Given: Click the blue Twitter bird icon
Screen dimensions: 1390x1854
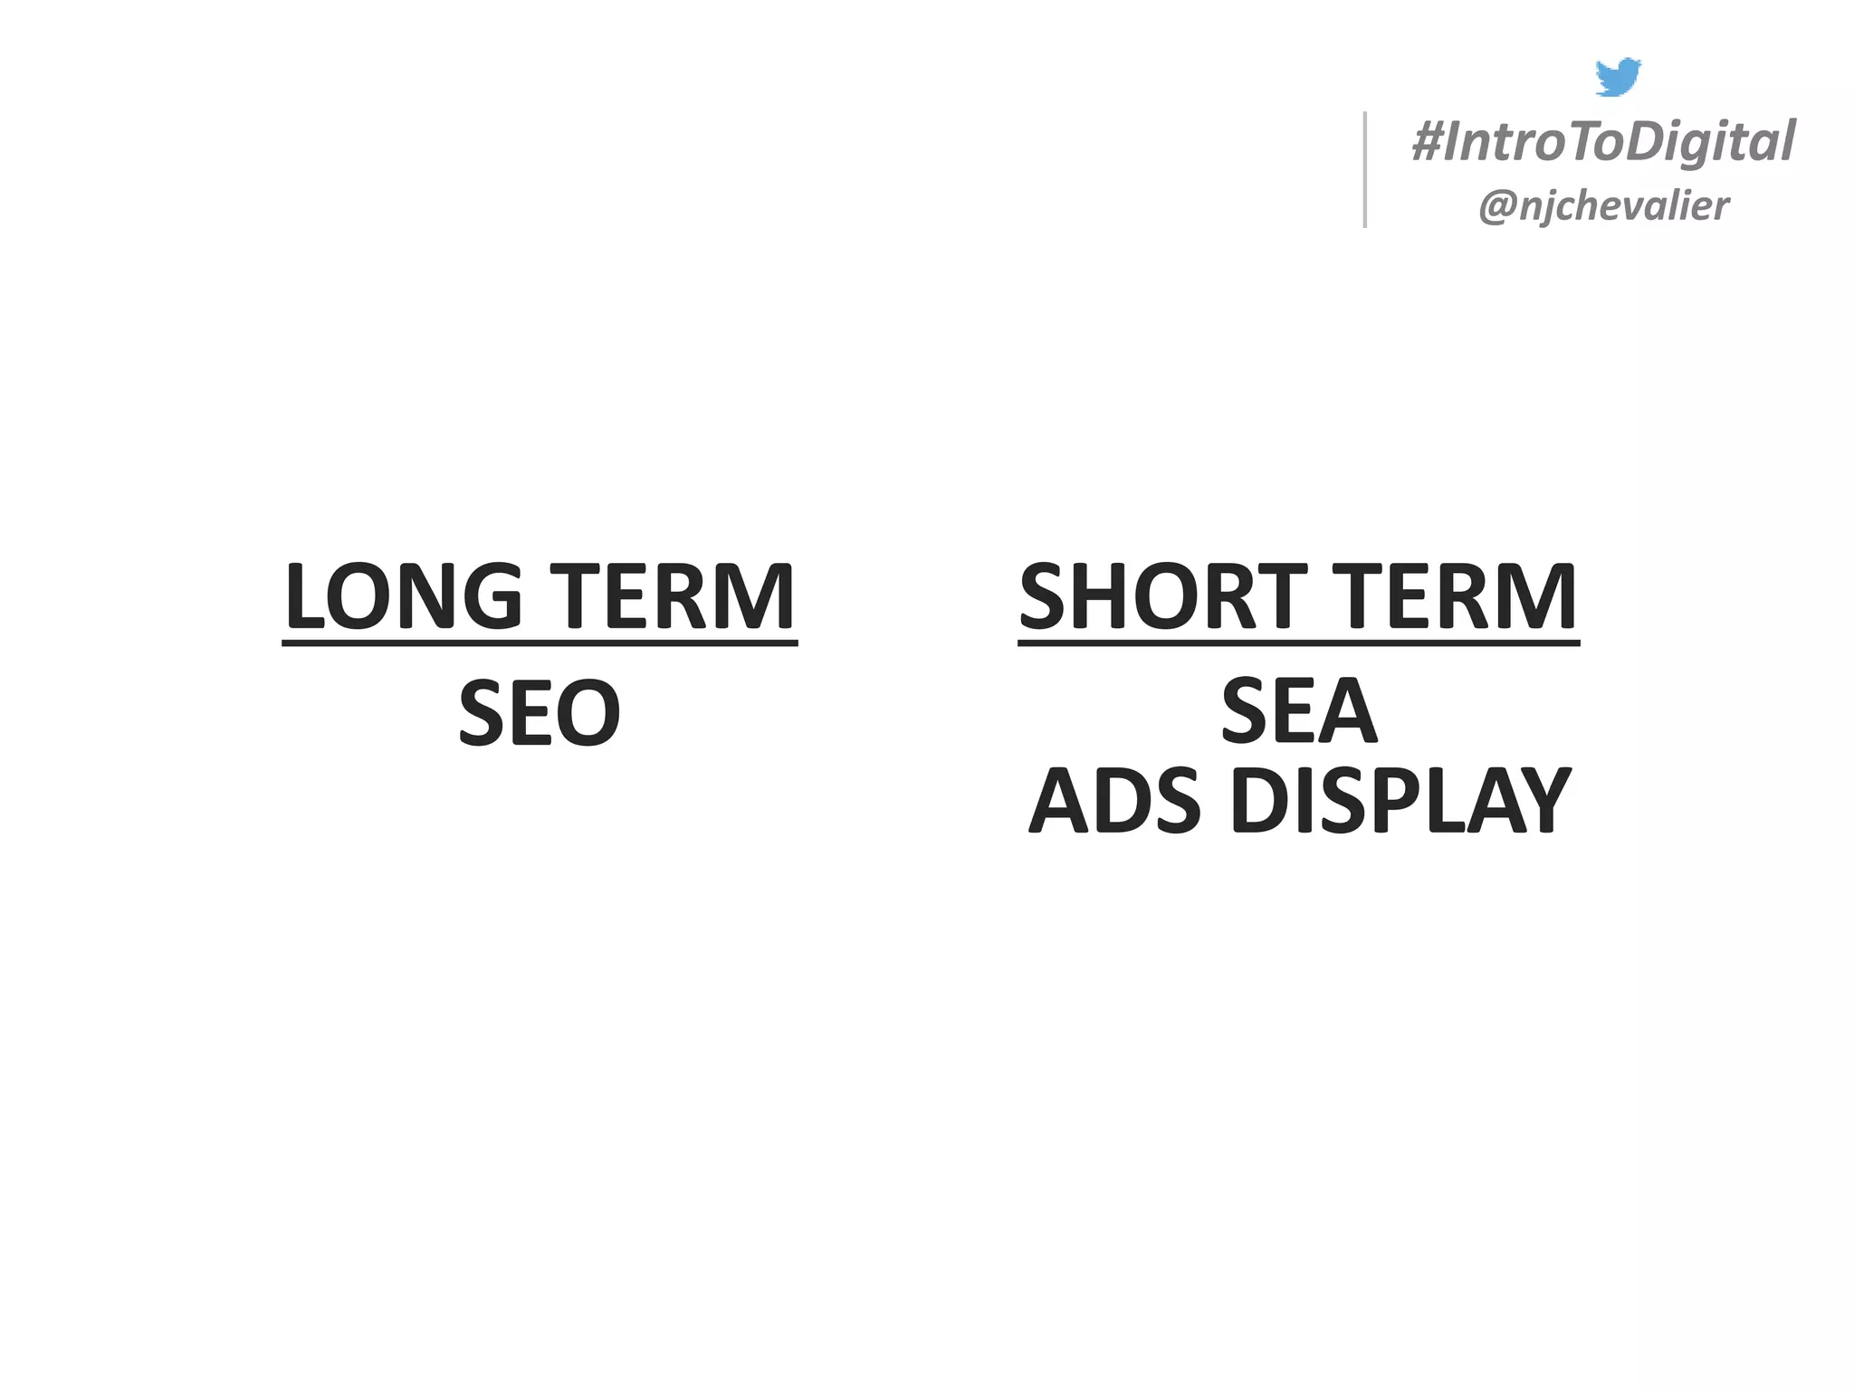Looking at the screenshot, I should coord(1618,77).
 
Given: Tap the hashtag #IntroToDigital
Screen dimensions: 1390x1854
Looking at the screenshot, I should coord(1603,143).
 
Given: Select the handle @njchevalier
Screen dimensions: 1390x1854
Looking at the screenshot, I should coord(1603,206).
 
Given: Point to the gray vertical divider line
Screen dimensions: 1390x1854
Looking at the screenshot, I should coord(1365,169).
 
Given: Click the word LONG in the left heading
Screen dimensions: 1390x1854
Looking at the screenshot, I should coord(403,596).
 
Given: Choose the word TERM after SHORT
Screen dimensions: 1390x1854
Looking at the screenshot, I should coord(1459,596).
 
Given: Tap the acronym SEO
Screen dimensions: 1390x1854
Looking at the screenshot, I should coord(540,714).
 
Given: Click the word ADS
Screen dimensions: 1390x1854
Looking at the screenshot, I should coord(1115,801).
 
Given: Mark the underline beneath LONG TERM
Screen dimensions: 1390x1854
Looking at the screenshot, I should coord(540,643).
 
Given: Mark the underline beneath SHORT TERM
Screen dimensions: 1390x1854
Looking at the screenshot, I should coord(1298,643).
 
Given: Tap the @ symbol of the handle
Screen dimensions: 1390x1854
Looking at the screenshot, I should coord(1496,207).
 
